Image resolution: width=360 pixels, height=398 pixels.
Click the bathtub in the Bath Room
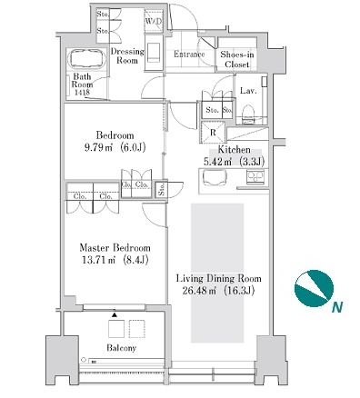(88, 60)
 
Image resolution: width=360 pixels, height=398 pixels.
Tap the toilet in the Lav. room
(249, 114)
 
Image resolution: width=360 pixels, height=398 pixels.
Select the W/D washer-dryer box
(154, 21)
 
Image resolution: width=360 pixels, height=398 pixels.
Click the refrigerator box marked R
(213, 132)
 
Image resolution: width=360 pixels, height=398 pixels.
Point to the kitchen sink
(215, 176)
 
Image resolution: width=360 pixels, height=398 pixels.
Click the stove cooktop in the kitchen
(255, 176)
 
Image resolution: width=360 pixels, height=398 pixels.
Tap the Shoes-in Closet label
(237, 59)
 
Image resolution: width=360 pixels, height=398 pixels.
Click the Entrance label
(189, 55)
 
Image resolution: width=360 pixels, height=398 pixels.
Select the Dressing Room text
(127, 55)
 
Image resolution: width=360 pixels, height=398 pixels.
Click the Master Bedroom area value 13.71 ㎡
(98, 260)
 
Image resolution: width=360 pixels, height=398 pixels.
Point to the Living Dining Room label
(219, 278)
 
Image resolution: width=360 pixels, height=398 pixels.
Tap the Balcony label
(121, 348)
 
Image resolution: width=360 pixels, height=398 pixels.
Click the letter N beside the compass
(337, 308)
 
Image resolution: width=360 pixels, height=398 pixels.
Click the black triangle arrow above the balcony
(115, 314)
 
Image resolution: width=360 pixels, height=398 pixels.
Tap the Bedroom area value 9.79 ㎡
(99, 147)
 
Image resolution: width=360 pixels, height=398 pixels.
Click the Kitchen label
(235, 150)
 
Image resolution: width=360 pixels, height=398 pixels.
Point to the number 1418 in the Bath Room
(82, 93)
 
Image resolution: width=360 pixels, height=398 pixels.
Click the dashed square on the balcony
(137, 329)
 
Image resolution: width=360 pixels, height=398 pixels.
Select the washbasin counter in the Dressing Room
(154, 53)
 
